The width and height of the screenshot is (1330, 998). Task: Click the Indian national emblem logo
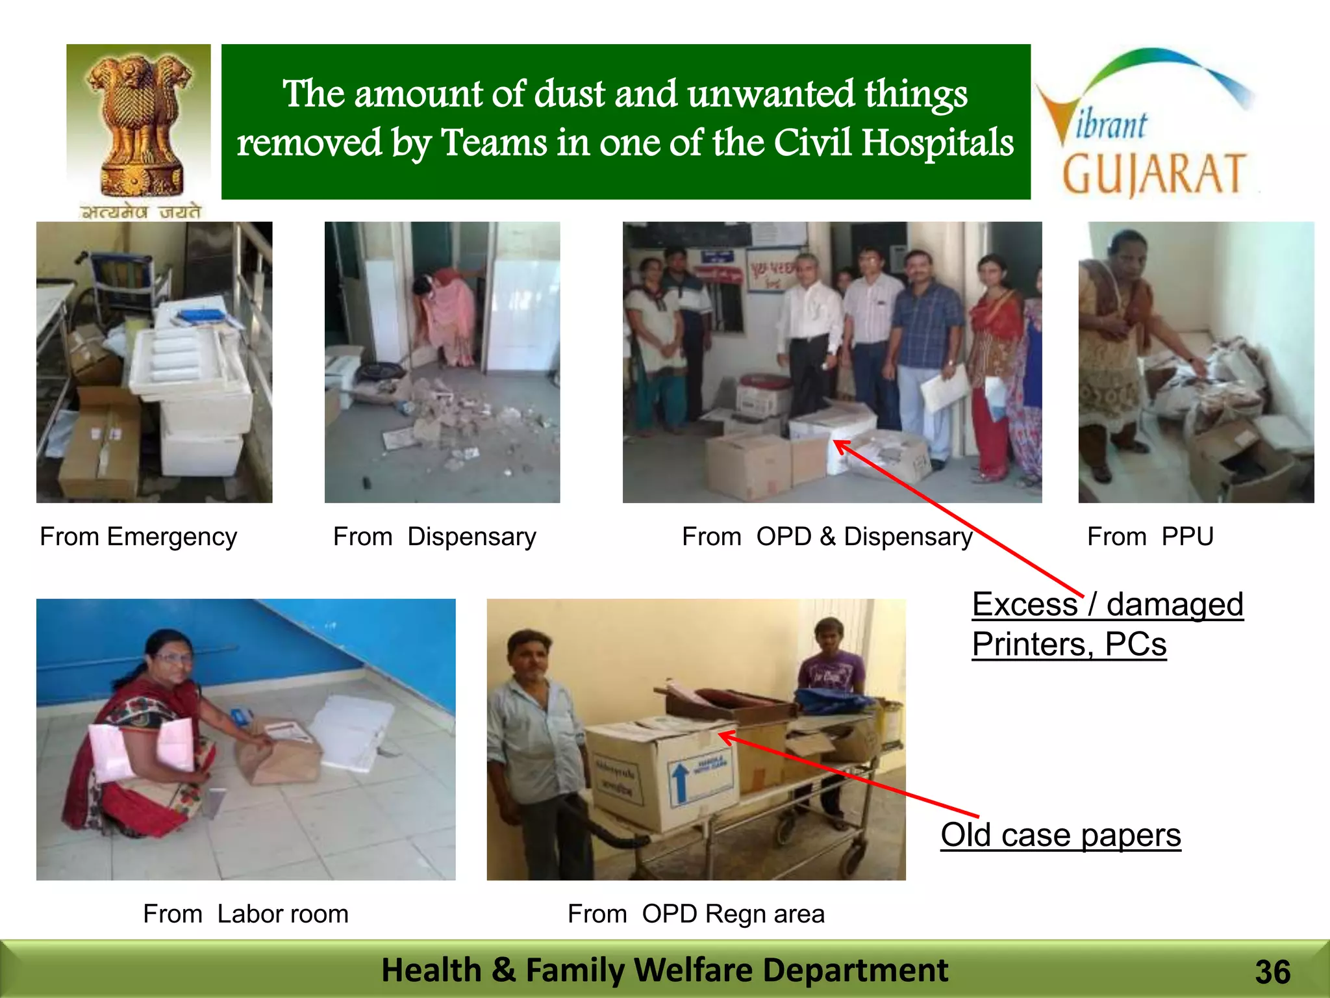pyautogui.click(x=138, y=130)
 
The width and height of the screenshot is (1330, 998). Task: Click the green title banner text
pyautogui.click(x=625, y=119)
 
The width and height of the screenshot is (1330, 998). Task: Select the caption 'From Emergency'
pyautogui.click(x=138, y=537)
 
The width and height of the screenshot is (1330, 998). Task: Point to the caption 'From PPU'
pyautogui.click(x=1150, y=537)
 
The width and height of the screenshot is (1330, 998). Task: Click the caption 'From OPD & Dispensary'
pyautogui.click(x=827, y=537)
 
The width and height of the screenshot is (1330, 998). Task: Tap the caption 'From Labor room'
pyautogui.click(x=245, y=914)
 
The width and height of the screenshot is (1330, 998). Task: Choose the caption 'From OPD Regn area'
pyautogui.click(x=696, y=914)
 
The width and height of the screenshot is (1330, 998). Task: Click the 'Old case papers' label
pyautogui.click(x=1060, y=835)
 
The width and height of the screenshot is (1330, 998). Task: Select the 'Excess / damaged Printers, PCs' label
pyautogui.click(x=1107, y=624)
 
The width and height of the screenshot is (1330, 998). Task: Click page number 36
pyautogui.click(x=1272, y=972)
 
